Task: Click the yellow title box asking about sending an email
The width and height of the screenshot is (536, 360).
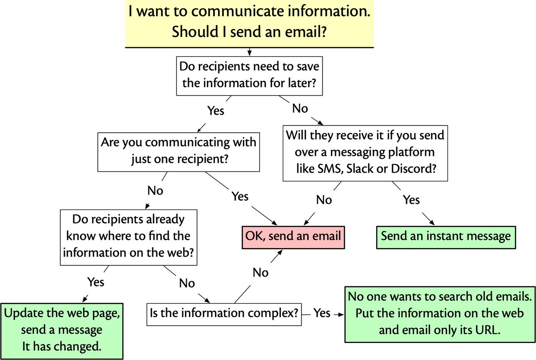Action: click(249, 23)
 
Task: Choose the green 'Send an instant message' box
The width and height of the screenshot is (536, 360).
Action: click(445, 236)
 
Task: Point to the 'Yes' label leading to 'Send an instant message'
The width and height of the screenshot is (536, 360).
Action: click(411, 200)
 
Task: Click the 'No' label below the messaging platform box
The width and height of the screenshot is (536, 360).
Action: click(324, 200)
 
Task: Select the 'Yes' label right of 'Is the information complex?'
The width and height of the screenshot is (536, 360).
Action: click(322, 314)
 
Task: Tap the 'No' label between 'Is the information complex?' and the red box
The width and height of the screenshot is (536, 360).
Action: click(260, 272)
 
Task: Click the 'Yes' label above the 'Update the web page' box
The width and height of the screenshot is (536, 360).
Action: click(96, 282)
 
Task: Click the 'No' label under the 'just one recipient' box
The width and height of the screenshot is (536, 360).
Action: click(155, 191)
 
